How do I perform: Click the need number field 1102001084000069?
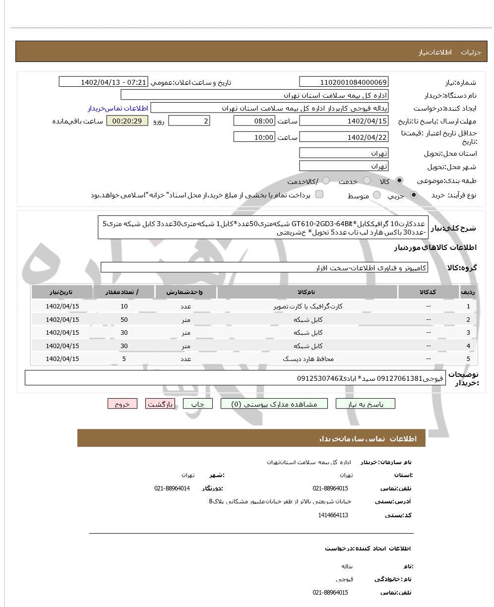coord(344,82)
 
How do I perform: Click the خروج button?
coord(122,404)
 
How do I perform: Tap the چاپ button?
coord(197,404)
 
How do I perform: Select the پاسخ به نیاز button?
coord(366,404)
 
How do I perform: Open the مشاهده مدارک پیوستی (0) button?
coord(274,404)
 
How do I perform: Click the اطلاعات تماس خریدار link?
coord(118,108)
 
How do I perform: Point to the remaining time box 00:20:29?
coord(127,121)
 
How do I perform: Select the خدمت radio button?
coord(367,181)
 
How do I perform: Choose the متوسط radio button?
coord(377,195)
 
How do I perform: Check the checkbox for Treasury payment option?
coord(319,194)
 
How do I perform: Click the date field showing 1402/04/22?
coord(344,137)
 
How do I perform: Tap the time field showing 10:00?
coord(254,137)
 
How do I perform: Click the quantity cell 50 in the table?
coord(124,320)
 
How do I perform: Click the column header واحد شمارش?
coord(186,292)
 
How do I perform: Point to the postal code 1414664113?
coord(333,515)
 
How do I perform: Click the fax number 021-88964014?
coord(172,488)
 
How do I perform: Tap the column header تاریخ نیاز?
coord(62,292)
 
